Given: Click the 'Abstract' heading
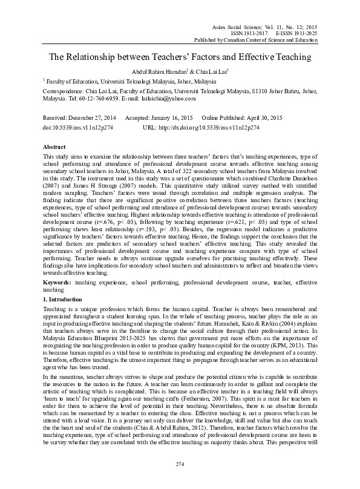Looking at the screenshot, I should pos(54,147).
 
